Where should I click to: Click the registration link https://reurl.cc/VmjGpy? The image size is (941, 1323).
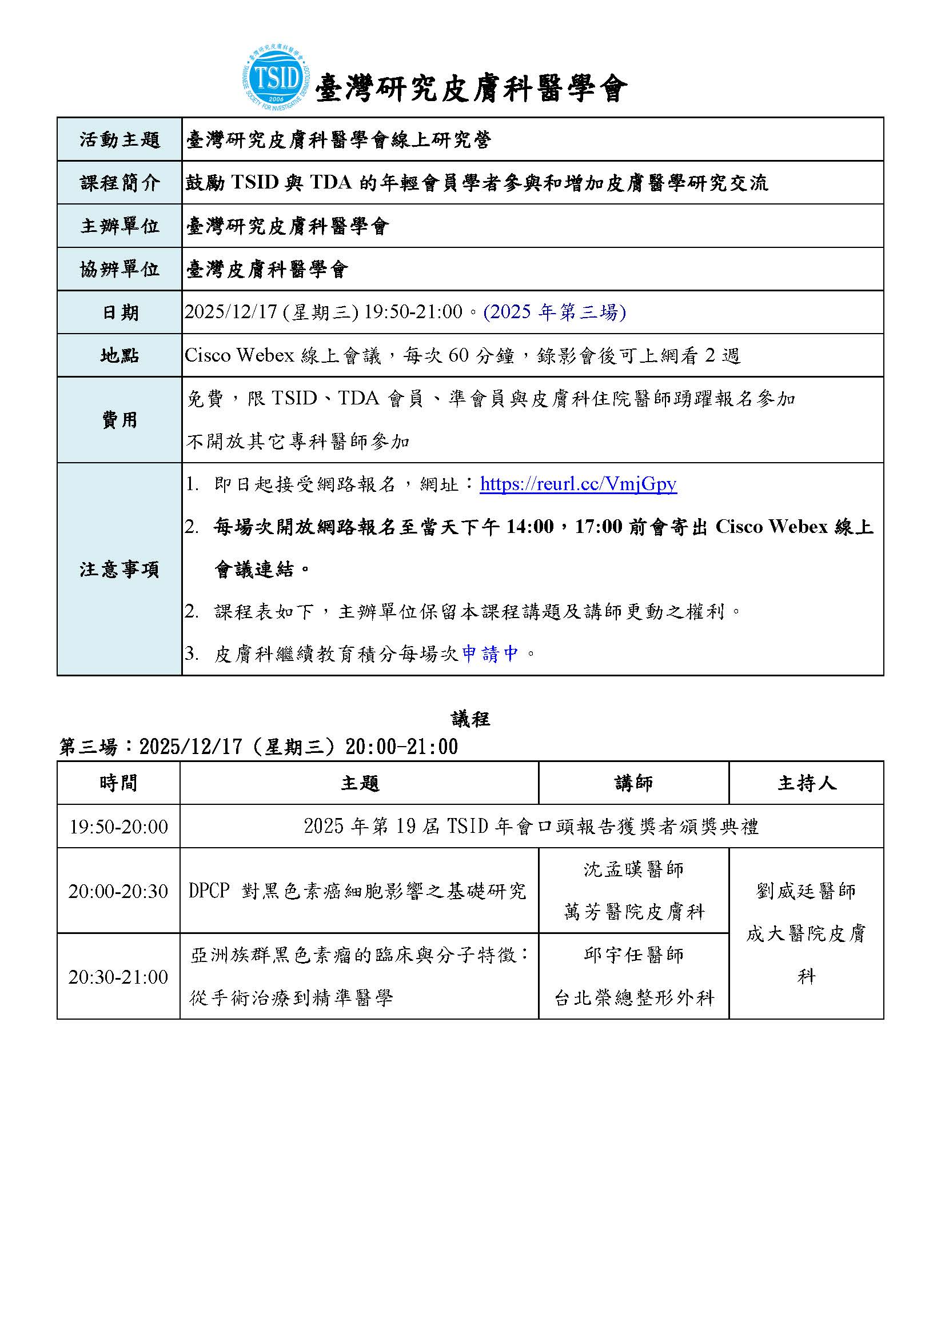(x=578, y=483)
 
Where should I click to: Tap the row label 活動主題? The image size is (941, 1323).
(x=119, y=139)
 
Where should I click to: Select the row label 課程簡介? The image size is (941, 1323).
(x=119, y=183)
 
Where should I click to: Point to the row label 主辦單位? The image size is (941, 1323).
(x=119, y=226)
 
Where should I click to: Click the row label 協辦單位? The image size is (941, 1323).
(x=119, y=269)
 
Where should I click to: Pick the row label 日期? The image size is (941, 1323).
(x=119, y=312)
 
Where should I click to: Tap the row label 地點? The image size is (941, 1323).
(x=119, y=355)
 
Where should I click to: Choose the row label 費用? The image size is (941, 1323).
(x=119, y=420)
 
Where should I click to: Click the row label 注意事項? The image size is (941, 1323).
(x=119, y=570)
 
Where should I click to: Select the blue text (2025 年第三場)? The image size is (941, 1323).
(x=555, y=312)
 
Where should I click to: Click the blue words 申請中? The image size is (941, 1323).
(x=490, y=654)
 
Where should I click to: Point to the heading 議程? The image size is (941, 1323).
(x=470, y=719)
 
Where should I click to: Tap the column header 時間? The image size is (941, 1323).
(x=118, y=783)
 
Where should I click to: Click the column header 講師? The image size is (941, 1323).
(x=633, y=783)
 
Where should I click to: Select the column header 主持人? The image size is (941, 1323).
(x=806, y=783)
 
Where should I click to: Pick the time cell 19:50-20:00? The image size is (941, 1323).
(x=118, y=827)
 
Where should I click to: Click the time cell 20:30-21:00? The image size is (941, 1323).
(x=118, y=977)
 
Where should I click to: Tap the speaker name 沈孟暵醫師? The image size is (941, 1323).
(x=633, y=869)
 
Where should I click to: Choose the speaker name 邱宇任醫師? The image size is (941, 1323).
(x=633, y=955)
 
